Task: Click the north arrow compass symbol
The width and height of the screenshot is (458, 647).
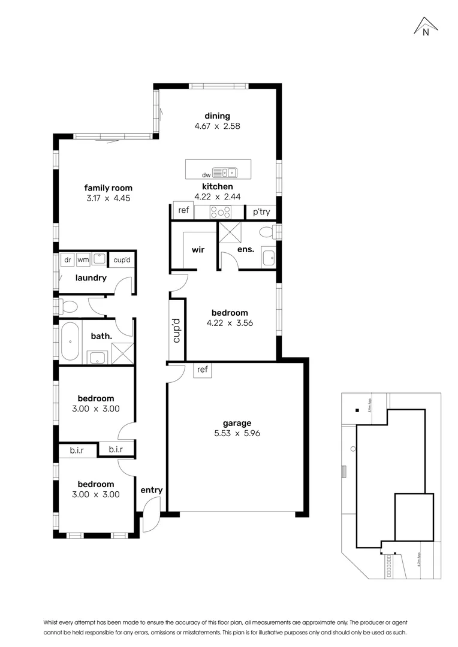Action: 426,28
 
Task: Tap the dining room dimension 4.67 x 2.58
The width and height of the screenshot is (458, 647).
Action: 217,126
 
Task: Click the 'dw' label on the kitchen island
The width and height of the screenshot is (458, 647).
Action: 206,174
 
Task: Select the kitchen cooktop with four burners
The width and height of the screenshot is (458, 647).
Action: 220,211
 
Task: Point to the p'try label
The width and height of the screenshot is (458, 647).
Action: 261,212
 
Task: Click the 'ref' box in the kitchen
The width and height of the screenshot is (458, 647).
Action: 183,211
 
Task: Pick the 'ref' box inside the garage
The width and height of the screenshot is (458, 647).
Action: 203,370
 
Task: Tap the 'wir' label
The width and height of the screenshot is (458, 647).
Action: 198,249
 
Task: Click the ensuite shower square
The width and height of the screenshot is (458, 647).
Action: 229,232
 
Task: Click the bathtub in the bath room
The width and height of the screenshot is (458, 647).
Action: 70,341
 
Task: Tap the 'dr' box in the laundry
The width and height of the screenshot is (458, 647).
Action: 67,260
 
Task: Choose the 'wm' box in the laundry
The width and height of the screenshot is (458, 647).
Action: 83,260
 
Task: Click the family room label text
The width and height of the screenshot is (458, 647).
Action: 108,188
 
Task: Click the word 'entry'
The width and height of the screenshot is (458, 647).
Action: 152,490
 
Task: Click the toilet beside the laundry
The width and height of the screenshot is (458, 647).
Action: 67,307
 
